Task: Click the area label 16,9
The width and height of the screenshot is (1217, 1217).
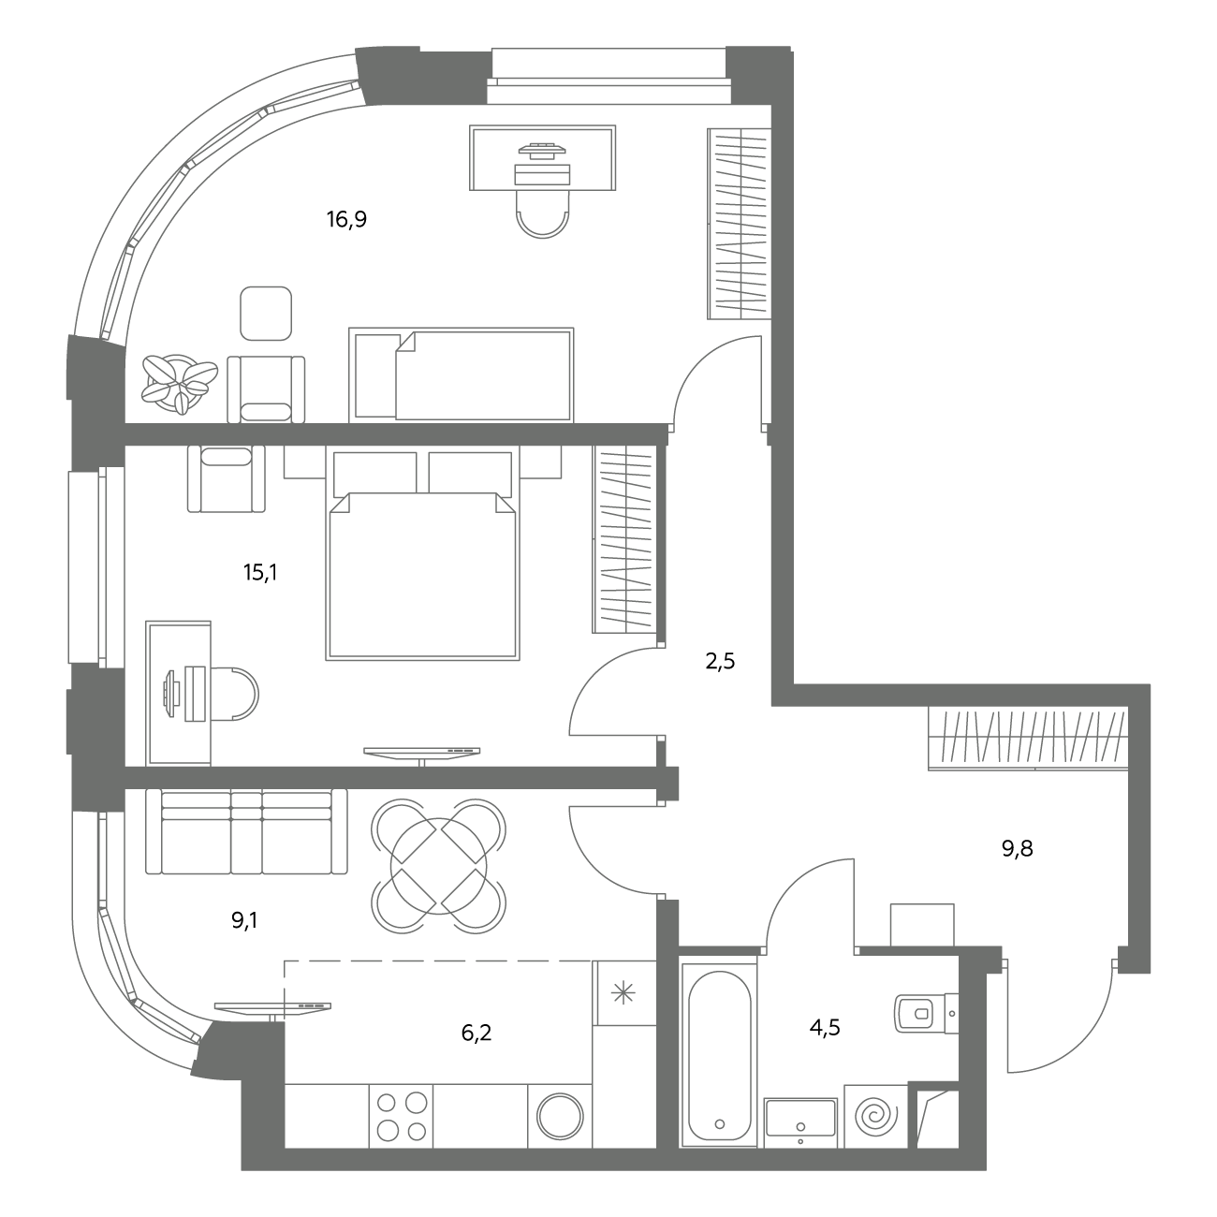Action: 346,220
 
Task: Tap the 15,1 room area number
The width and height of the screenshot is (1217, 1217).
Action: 260,573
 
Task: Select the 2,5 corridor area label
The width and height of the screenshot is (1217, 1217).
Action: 720,662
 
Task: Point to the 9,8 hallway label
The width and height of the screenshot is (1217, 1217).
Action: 1018,849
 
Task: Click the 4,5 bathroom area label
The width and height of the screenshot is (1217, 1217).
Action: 825,1028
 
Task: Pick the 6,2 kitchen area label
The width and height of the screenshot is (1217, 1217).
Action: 477,1033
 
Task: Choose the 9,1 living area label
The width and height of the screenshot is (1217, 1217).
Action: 244,921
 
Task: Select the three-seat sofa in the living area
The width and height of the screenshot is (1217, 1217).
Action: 246,831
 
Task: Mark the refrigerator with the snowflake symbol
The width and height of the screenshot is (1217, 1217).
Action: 624,994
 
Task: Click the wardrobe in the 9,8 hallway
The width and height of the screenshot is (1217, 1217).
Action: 1028,740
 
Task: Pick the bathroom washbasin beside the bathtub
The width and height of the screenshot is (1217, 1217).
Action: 800,1123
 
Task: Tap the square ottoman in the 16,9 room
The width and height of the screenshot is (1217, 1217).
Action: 266,314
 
